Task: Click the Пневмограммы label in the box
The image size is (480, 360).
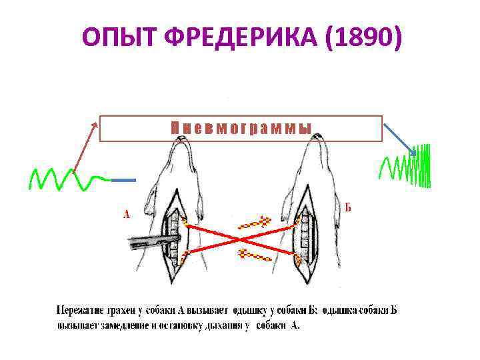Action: coord(241,129)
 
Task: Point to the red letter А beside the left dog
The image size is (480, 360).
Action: coord(126,214)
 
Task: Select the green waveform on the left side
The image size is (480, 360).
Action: coord(67,178)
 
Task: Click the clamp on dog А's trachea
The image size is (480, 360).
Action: coord(153,241)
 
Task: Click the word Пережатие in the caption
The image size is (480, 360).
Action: coord(79,310)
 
